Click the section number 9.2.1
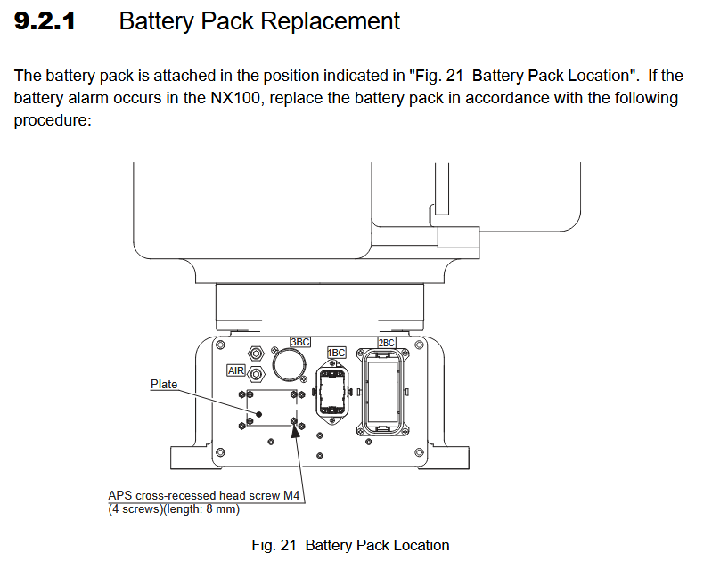pyautogui.click(x=45, y=21)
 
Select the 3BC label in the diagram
pyautogui.click(x=300, y=342)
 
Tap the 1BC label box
pyautogui.click(x=336, y=353)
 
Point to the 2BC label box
pyautogui.click(x=387, y=342)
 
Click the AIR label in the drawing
pyautogui.click(x=236, y=370)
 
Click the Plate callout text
pyautogui.click(x=164, y=385)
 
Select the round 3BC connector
pyautogui.click(x=289, y=363)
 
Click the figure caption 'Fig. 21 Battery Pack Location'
pyautogui.click(x=350, y=545)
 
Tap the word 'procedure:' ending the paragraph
pyautogui.click(x=53, y=120)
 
